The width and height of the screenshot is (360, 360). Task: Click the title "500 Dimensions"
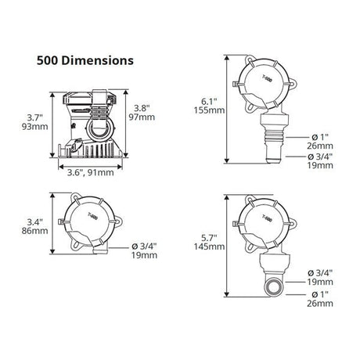[x=85, y=60]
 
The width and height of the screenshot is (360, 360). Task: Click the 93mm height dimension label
[x=34, y=127]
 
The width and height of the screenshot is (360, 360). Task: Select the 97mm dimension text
[x=142, y=117]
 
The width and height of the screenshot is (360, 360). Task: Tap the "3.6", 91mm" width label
[x=91, y=172]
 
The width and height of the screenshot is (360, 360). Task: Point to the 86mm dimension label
[x=34, y=231]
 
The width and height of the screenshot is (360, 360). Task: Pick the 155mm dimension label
[x=209, y=110]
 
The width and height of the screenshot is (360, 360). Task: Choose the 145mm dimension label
[x=209, y=247]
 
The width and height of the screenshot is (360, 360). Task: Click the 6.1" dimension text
[x=209, y=101]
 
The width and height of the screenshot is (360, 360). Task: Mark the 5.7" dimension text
[x=209, y=237]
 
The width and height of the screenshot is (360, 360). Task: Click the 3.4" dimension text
[x=34, y=222]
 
